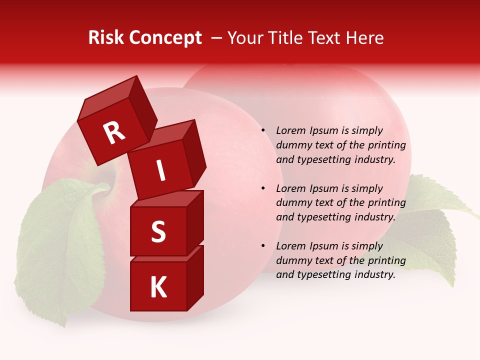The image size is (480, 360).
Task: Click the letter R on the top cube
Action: click(114, 132)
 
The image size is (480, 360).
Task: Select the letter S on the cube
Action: click(158, 231)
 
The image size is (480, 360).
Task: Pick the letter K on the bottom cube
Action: click(158, 287)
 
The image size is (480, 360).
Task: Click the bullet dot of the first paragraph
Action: click(262, 130)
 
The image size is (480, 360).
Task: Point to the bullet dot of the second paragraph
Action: click(262, 188)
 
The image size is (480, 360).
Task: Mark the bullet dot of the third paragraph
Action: click(262, 246)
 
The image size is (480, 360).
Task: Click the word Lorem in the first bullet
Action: click(290, 130)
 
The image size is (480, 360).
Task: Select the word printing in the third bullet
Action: click(386, 260)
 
